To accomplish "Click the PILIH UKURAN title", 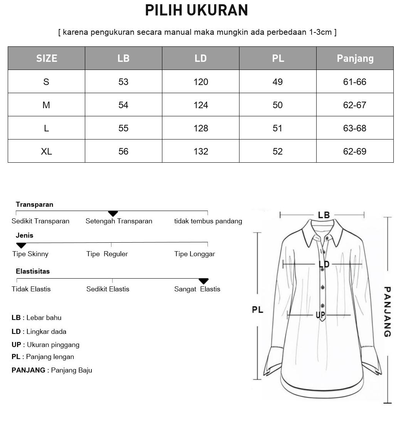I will (x=196, y=10).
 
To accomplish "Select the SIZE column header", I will (x=47, y=58).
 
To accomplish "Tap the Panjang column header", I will (x=355, y=58).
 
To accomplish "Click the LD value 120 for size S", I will (x=201, y=82).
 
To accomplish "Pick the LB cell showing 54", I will (x=123, y=105).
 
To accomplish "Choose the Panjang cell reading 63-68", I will (x=355, y=128).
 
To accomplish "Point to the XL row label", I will (x=46, y=151).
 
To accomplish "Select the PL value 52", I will (x=278, y=151).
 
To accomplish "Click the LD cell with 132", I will (x=201, y=151).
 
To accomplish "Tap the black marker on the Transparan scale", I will (x=113, y=213).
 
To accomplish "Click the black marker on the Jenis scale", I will (x=21, y=245).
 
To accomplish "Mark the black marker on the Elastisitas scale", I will (x=203, y=281).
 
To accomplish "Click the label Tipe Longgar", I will (x=194, y=254).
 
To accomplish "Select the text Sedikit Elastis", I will (x=108, y=289).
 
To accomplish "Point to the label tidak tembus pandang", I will (x=208, y=221).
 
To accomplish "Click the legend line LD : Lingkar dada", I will (x=39, y=332).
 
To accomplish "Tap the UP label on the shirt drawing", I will (x=320, y=315).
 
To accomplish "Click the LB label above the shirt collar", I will (x=324, y=215).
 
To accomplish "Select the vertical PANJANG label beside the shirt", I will (x=387, y=311).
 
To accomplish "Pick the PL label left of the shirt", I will (x=258, y=310).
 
